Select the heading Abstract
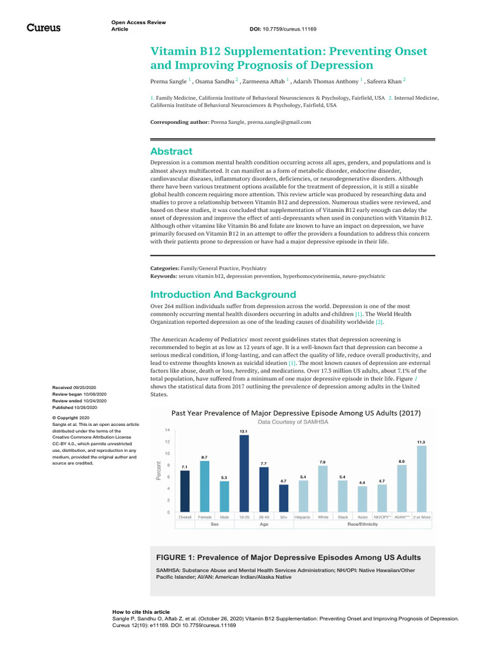pyautogui.click(x=171, y=151)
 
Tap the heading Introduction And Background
pyautogui.click(x=222, y=295)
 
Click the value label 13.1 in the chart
pyautogui.click(x=243, y=431)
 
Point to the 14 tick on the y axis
pyautogui.click(x=166, y=430)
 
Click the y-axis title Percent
pyautogui.click(x=158, y=470)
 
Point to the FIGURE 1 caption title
pyautogui.click(x=288, y=557)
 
